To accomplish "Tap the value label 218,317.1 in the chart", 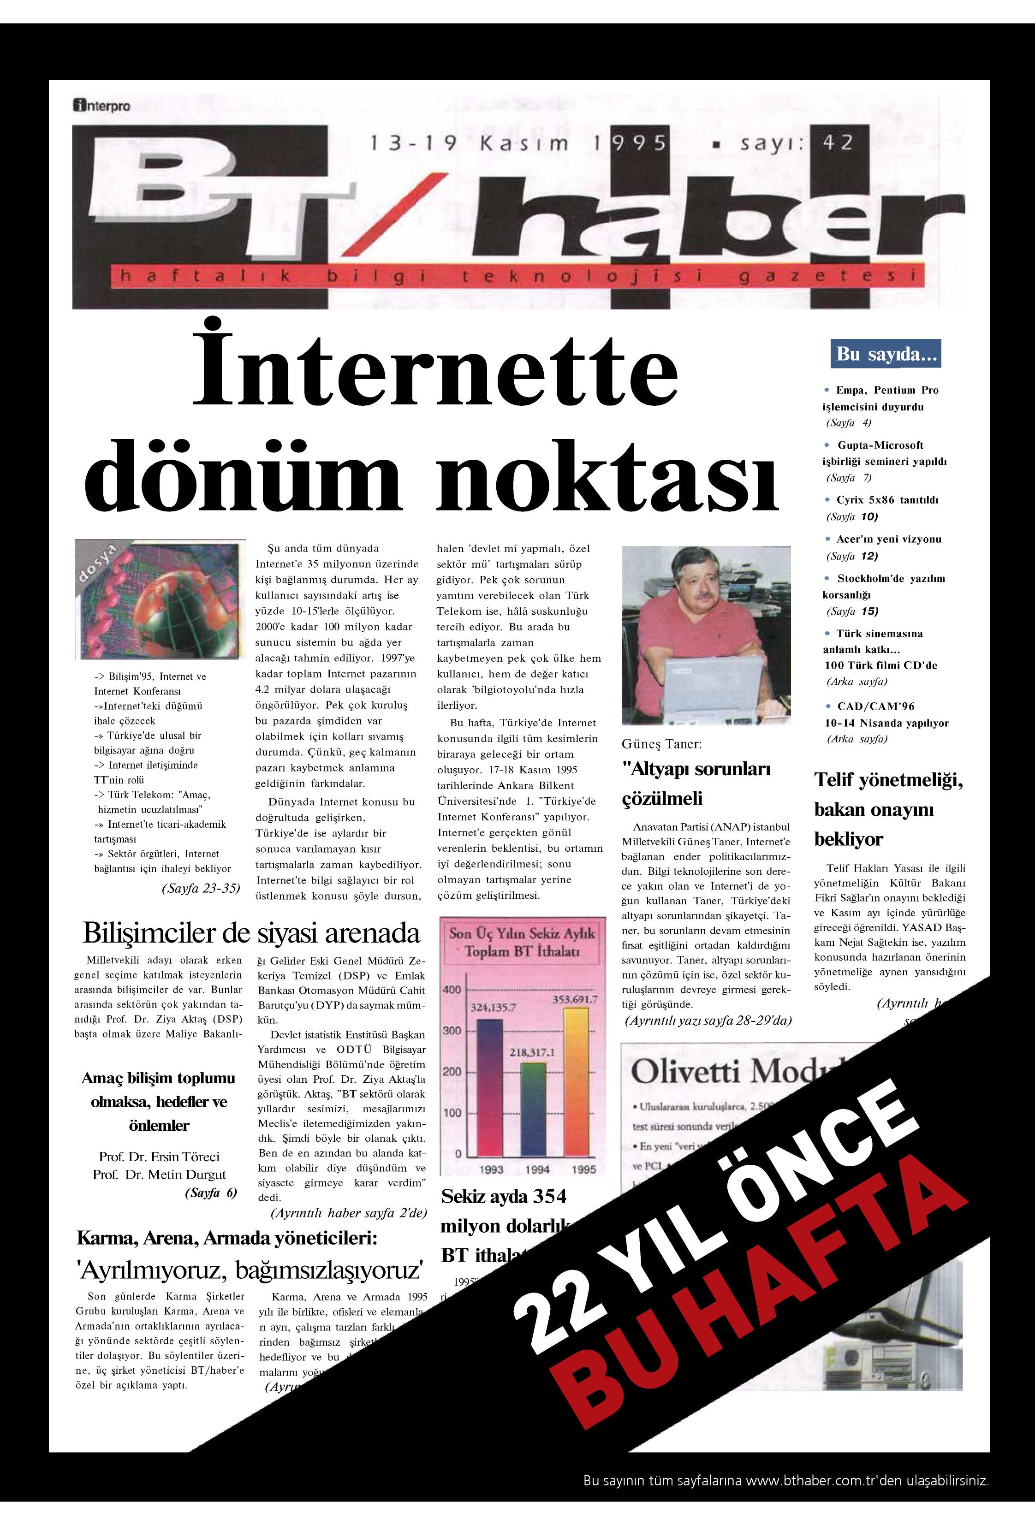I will click(x=532, y=1052).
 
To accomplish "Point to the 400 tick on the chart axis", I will click(x=452, y=989).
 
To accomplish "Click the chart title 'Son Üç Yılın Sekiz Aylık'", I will click(x=522, y=933).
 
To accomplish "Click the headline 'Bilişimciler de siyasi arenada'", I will click(x=251, y=932).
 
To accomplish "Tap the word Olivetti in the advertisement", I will click(x=685, y=1072).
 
